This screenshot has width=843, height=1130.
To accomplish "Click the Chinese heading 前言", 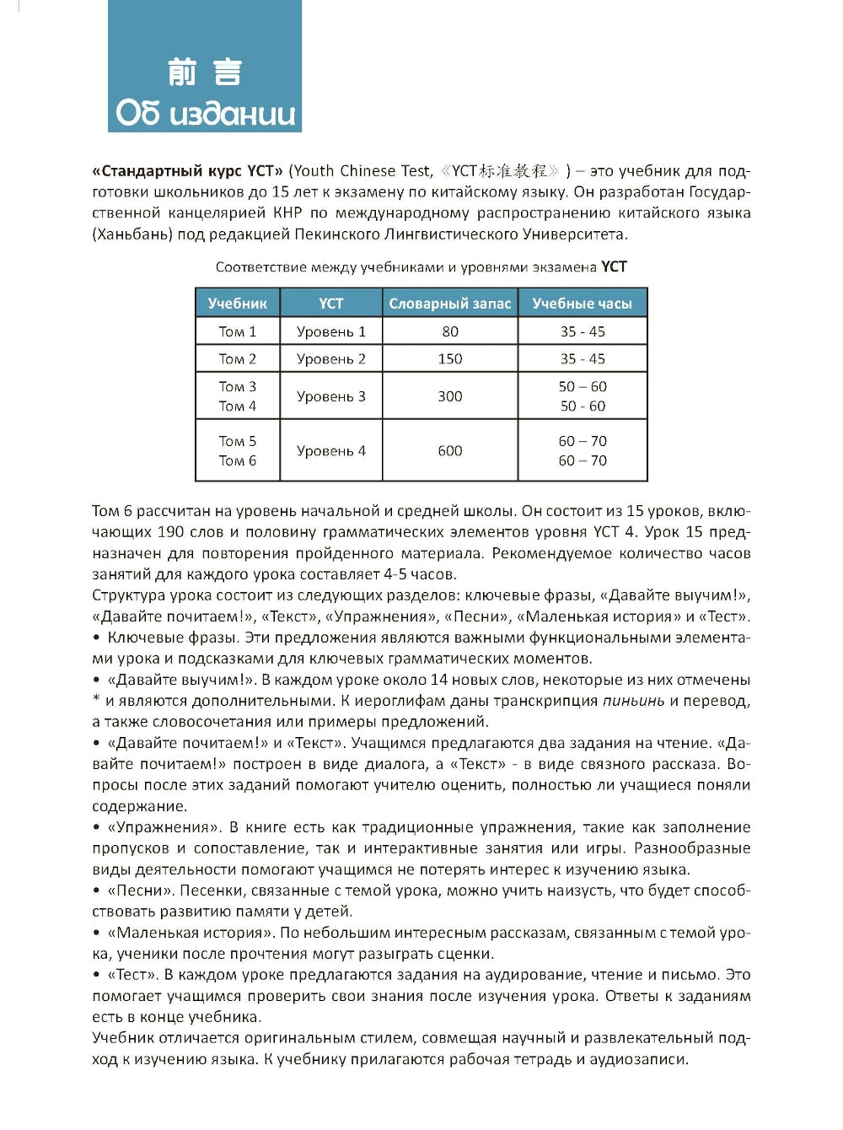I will (205, 73).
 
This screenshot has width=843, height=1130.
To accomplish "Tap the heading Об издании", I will (205, 113).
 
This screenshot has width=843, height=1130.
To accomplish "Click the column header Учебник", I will (237, 304).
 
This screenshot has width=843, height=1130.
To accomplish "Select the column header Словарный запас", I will (449, 304).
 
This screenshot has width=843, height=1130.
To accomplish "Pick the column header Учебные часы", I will (582, 304).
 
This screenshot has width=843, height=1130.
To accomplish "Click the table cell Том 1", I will (237, 331).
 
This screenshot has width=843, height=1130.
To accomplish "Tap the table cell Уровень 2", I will (330, 359).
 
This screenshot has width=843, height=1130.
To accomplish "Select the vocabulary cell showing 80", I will (449, 331).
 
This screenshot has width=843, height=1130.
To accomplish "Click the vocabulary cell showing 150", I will (449, 359).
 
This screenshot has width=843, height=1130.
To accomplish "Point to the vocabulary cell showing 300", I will (449, 396).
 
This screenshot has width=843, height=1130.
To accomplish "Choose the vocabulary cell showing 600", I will (449, 451).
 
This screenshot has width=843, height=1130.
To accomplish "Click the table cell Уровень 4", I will (330, 451).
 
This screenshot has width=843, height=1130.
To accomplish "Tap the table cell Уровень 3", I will (330, 396).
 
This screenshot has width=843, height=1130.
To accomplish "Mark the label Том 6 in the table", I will (237, 461).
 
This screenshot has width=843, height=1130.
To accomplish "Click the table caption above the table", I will (421, 267).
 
